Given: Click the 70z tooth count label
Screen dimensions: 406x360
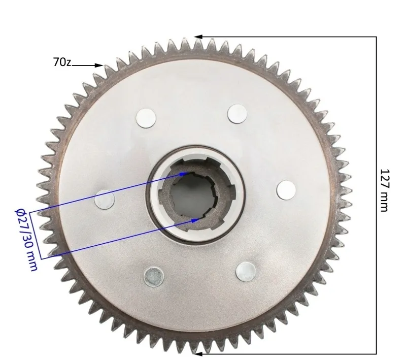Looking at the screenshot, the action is [x=62, y=62].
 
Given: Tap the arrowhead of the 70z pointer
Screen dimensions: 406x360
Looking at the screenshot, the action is [x=99, y=66].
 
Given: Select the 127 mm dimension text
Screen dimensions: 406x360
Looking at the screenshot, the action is [x=385, y=190].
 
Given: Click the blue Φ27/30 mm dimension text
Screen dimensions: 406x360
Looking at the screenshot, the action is [x=26, y=240].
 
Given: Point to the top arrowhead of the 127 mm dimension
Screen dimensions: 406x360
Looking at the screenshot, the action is [x=198, y=37].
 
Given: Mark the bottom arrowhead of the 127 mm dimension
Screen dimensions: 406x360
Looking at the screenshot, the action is [x=198, y=353].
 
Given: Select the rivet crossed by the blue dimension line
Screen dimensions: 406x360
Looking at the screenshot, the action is [x=105, y=200].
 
